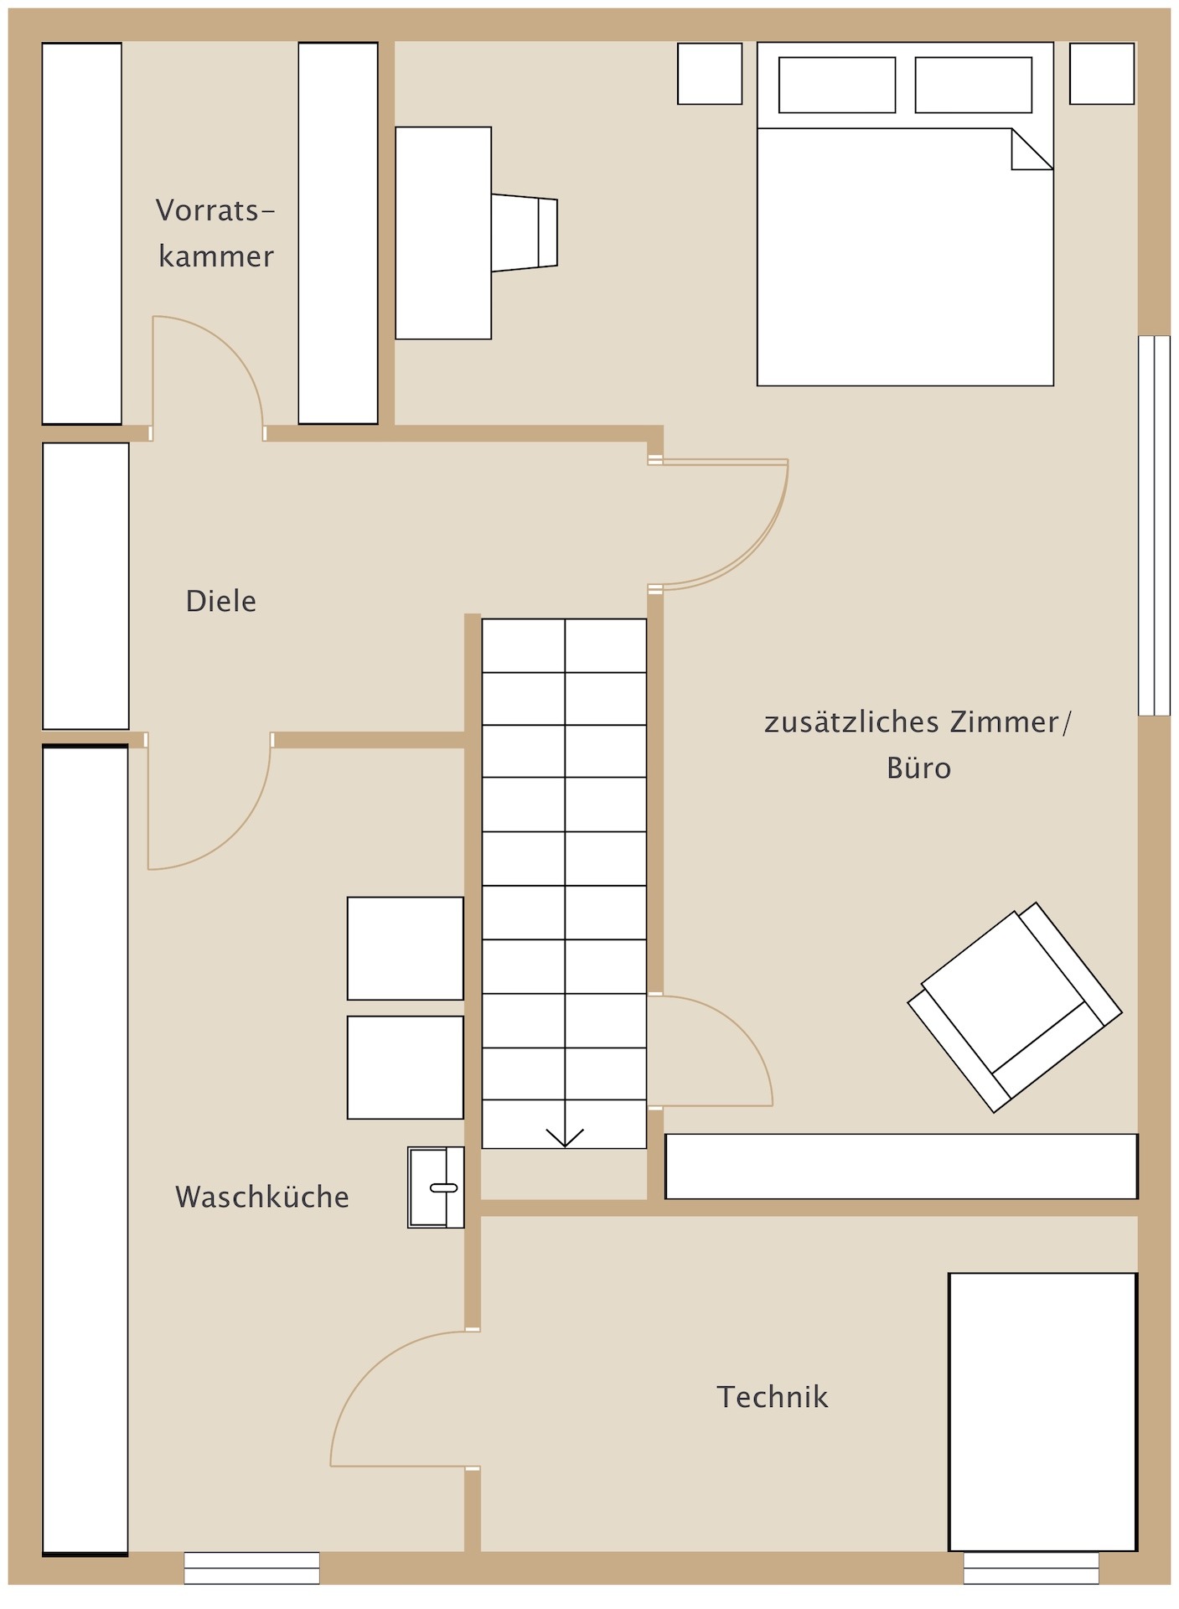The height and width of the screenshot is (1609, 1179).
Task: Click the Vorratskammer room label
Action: pos(216,233)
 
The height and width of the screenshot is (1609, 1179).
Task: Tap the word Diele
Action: pos(221,601)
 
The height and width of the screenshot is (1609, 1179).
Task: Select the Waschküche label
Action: pos(262,1197)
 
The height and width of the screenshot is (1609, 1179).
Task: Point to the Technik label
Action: pos(773,1397)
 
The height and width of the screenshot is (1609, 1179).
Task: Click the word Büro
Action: pos(919,768)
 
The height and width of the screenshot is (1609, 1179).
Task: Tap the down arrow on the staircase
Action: pos(565,1136)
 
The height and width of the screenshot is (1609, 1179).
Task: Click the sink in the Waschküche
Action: pos(436,1187)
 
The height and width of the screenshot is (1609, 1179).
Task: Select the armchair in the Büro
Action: pos(1015,1007)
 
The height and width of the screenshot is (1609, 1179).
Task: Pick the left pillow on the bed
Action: pos(837,85)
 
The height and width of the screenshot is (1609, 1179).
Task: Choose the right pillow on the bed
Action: pos(974,85)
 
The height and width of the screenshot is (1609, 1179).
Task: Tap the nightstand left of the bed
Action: pos(710,74)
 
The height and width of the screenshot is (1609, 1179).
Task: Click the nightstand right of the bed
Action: pos(1102,74)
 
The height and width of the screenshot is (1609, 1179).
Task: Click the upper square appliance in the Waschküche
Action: pos(406,949)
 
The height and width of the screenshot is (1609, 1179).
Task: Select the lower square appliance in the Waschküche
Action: pos(406,1068)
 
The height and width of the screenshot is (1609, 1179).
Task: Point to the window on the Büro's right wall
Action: pos(1154,525)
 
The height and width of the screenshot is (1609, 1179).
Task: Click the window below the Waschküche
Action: pos(252,1568)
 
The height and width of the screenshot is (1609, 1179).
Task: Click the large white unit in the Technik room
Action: pos(1043,1412)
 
